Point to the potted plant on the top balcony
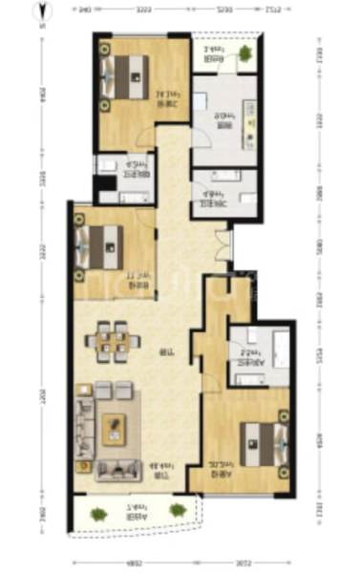[x=246, y=53]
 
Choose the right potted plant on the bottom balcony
[x=177, y=511]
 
